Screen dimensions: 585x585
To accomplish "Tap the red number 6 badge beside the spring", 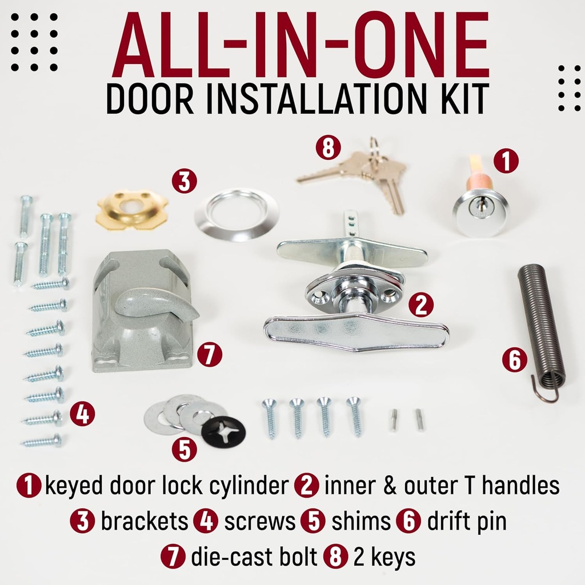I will [515, 360].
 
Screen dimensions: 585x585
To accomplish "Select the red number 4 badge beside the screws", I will [83, 414].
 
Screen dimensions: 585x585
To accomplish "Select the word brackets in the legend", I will [144, 522].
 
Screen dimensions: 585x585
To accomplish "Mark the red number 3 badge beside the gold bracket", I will [184, 182].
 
